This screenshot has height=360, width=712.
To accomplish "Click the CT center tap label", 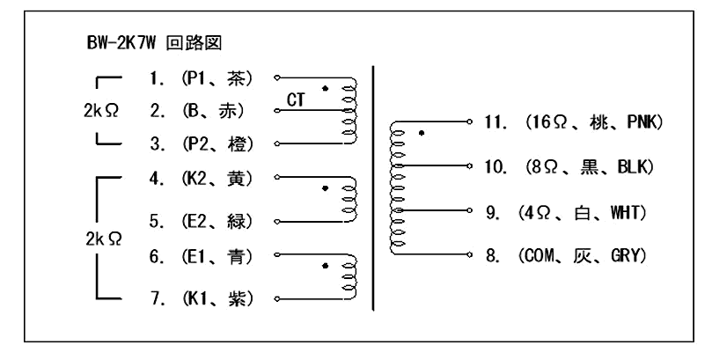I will [297, 101].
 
